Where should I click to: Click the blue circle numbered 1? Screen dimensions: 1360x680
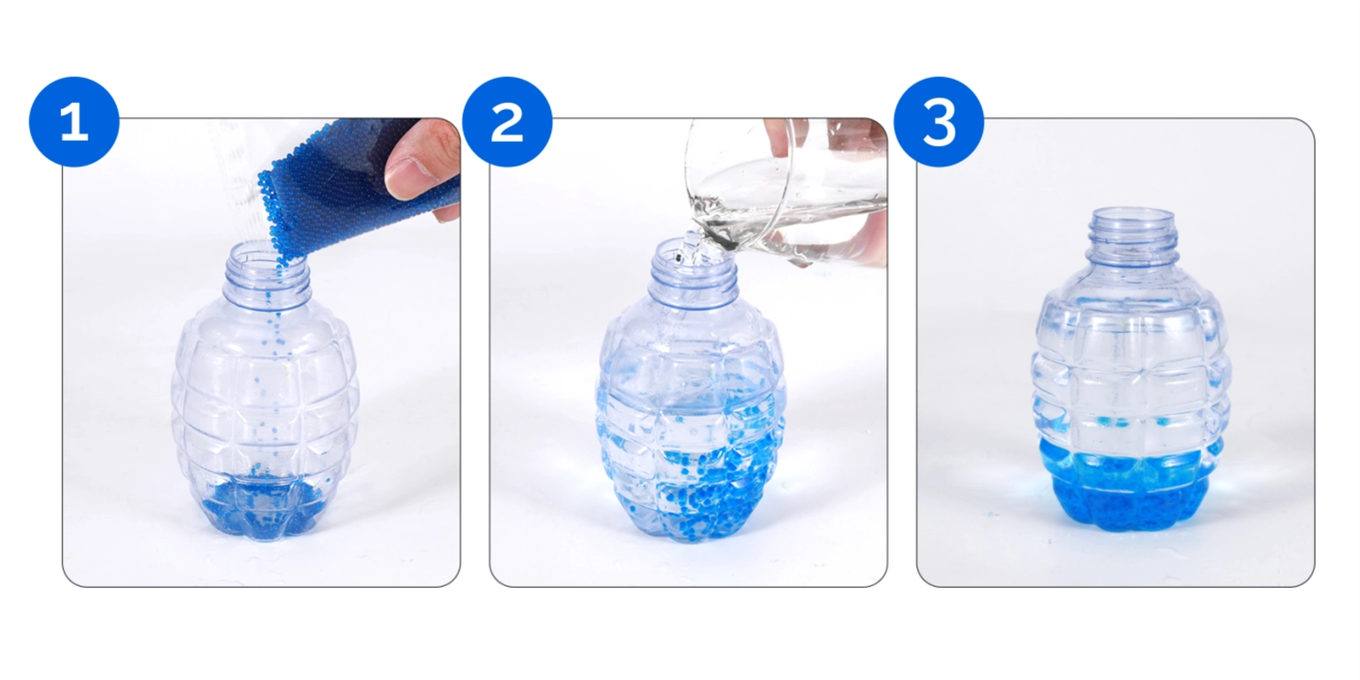coord(74,121)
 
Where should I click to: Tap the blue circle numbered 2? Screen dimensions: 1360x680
coord(507,121)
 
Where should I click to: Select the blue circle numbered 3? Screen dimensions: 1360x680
coord(939,121)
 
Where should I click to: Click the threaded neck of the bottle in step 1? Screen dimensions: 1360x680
coord(267,274)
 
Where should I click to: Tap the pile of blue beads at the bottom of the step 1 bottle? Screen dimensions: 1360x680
coord(264,507)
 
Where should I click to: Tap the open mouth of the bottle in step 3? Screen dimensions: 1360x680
coord(1132,216)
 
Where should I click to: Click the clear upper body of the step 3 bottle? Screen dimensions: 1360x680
coord(1131,364)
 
